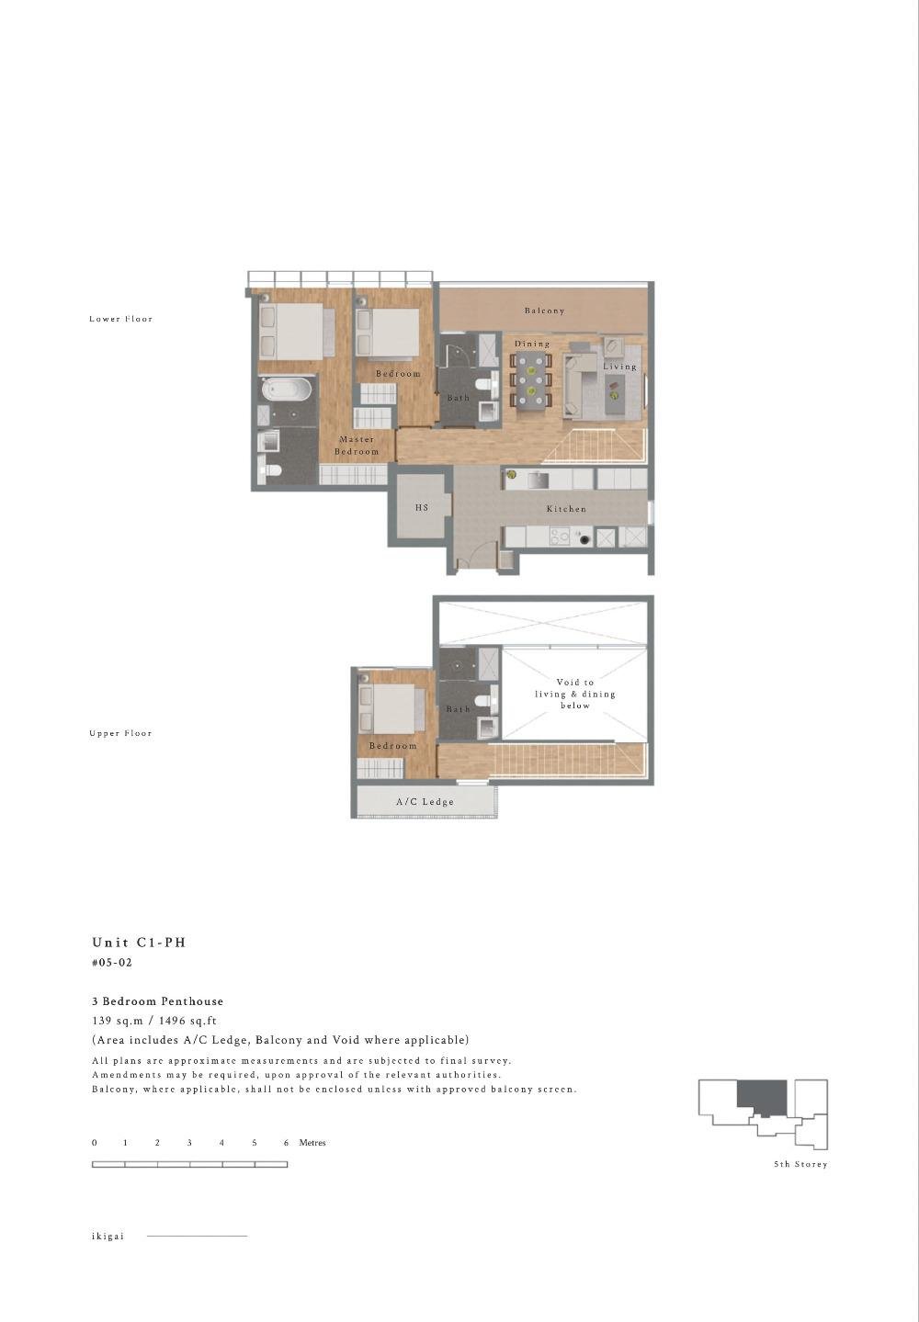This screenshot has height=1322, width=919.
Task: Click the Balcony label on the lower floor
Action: tap(544, 311)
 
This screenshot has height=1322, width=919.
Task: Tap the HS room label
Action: tap(422, 507)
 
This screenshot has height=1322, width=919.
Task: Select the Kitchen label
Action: tap(566, 509)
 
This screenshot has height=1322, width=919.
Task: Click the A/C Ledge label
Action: tap(425, 802)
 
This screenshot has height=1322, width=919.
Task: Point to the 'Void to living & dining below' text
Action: tap(575, 694)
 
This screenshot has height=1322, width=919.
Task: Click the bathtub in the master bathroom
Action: tap(287, 390)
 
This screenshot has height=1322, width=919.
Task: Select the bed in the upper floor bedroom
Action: tap(392, 707)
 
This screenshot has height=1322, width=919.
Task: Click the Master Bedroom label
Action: tap(357, 446)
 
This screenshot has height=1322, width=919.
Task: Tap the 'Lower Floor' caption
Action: tap(120, 319)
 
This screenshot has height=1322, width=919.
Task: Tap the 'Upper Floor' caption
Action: tap(120, 733)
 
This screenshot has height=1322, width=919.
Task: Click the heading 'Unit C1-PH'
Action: tap(139, 943)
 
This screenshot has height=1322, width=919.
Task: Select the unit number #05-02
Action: tap(112, 963)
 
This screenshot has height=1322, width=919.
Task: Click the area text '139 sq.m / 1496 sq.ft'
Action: tap(154, 1021)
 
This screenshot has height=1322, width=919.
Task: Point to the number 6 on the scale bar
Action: tap(287, 1143)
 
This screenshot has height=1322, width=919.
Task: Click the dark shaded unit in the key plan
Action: tap(762, 1096)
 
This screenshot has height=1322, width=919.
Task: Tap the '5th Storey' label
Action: tap(800, 1164)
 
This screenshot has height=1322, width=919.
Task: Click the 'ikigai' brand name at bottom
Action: tap(108, 1236)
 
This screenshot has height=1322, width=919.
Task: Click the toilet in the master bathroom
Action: tap(269, 472)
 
